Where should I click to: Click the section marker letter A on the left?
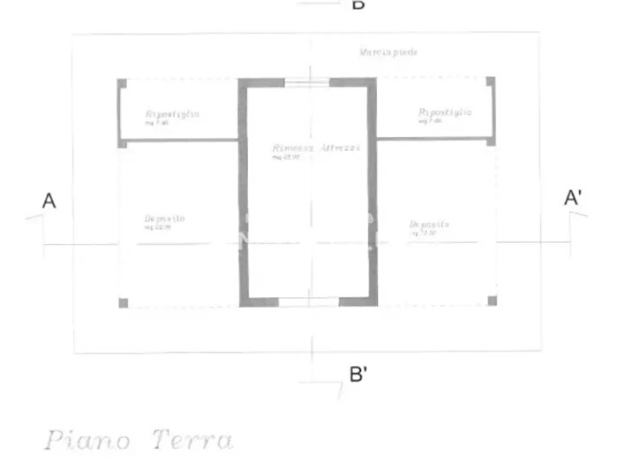(49, 202)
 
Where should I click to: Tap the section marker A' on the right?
(573, 198)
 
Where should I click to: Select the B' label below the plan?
(358, 374)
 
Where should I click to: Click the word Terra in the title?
(192, 439)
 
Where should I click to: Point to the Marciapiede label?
(388, 53)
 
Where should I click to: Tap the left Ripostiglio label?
(172, 114)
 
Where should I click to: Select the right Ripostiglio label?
(445, 112)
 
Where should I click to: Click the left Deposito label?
(164, 218)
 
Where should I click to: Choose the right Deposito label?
(430, 224)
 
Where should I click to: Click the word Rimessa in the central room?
(293, 148)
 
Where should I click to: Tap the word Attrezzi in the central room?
(340, 148)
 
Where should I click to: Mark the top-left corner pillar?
(122, 83)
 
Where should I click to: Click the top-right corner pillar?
(491, 82)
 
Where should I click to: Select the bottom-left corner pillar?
(123, 303)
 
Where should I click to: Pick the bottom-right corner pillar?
(492, 301)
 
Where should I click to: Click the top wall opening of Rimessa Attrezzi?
(308, 81)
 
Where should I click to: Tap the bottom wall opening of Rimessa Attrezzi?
(310, 302)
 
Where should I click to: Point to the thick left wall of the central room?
(243, 194)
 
